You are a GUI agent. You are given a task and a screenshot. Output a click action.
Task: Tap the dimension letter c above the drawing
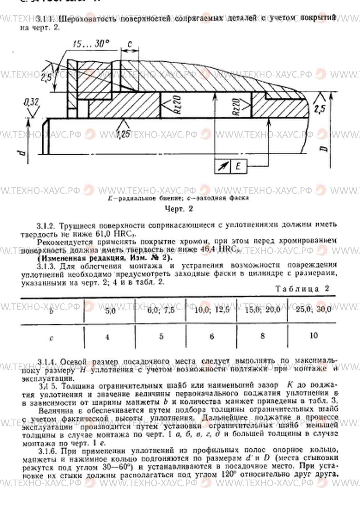(x=129, y=44)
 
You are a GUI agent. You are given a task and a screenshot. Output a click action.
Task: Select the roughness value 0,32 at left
(x=31, y=102)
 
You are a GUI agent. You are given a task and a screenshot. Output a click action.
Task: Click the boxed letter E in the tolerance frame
(x=238, y=166)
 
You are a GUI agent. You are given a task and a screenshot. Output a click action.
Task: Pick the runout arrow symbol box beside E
(x=222, y=166)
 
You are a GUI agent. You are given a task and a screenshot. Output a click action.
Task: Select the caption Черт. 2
(x=179, y=209)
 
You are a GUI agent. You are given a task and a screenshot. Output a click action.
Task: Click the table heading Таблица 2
(x=302, y=289)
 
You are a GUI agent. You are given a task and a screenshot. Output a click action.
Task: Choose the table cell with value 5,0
(x=110, y=311)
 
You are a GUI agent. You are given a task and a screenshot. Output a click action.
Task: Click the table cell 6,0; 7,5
(x=161, y=310)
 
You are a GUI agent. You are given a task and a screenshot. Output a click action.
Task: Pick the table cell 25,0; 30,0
(x=313, y=309)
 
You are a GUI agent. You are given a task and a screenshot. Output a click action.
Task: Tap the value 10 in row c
(x=314, y=335)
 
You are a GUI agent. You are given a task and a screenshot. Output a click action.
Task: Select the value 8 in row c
(x=262, y=336)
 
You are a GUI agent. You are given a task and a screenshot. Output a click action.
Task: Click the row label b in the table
(x=51, y=311)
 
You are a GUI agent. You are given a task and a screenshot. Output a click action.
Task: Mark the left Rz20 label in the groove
(x=178, y=105)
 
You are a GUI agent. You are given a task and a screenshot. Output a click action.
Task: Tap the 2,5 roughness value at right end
(x=320, y=109)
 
